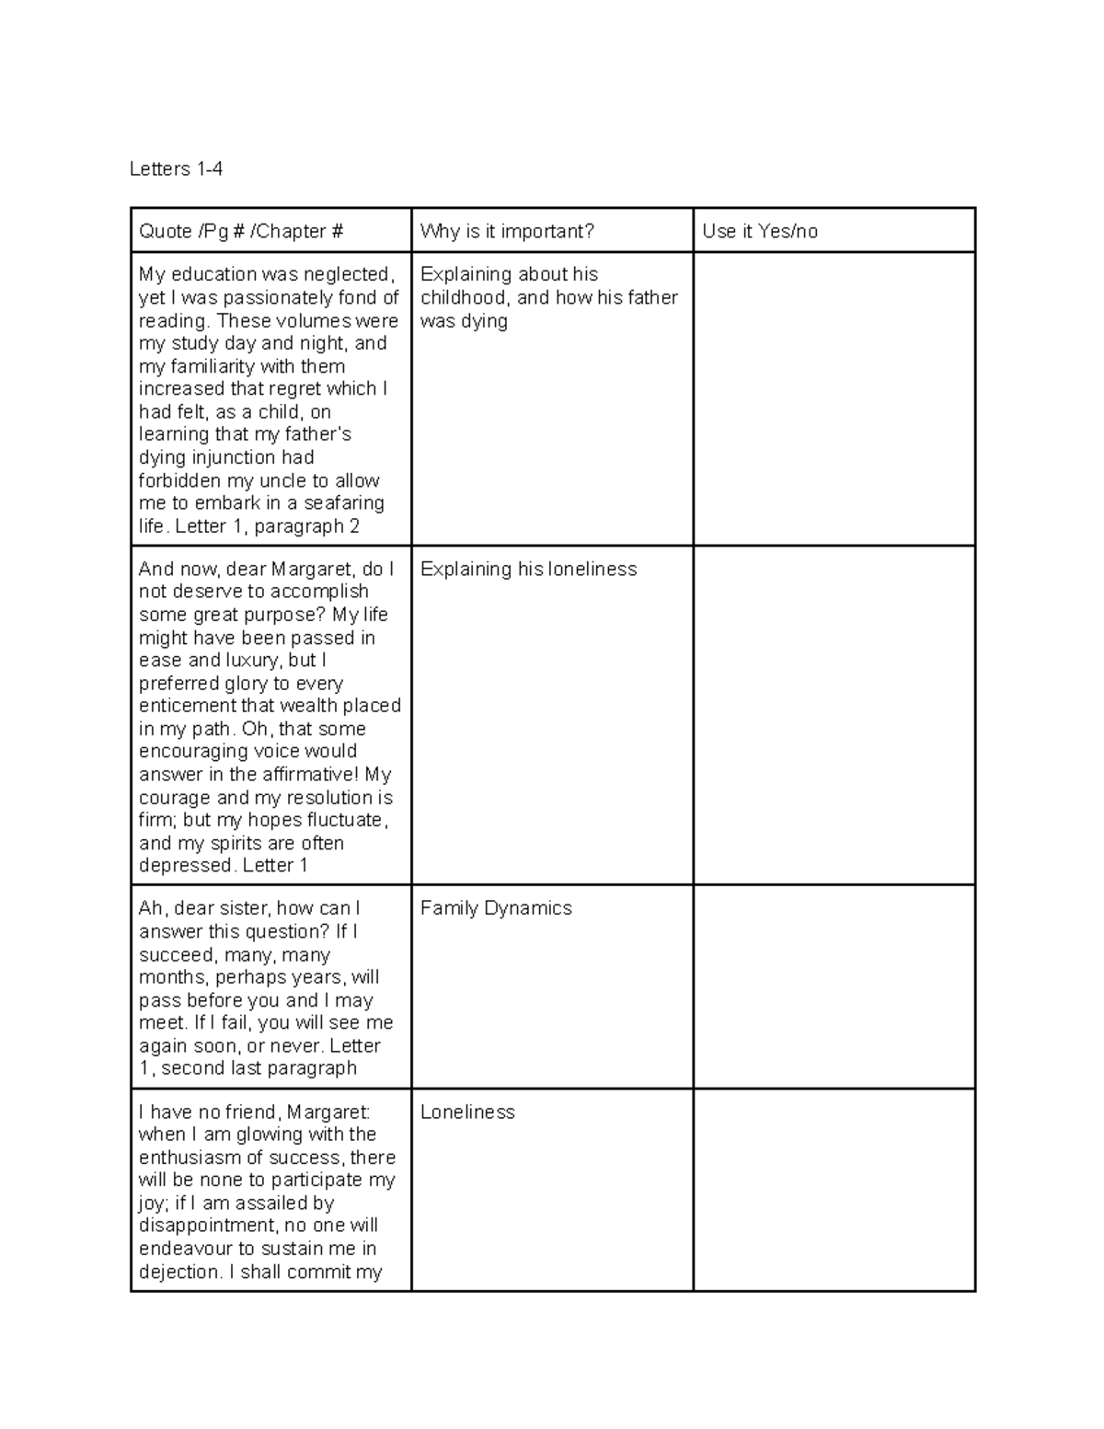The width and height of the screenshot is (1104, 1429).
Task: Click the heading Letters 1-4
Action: click(x=176, y=169)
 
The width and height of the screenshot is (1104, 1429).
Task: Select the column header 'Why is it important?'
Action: click(x=507, y=231)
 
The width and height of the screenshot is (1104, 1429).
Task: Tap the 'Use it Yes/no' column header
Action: click(x=759, y=231)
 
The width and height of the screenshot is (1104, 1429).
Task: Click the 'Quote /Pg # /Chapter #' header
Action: click(x=240, y=231)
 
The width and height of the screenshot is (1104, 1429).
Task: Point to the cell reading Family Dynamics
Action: click(x=496, y=908)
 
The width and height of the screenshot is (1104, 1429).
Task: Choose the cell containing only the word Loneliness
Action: click(x=467, y=1112)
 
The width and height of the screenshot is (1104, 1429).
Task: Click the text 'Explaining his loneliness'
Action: click(x=528, y=569)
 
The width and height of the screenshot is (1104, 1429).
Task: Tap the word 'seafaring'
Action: click(x=344, y=503)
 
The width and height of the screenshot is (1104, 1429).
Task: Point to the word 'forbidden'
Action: click(x=179, y=480)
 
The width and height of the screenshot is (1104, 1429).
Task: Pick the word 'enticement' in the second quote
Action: click(x=187, y=706)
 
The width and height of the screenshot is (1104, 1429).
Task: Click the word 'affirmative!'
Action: click(x=310, y=774)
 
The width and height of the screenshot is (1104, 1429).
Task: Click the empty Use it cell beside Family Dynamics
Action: click(x=833, y=986)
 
